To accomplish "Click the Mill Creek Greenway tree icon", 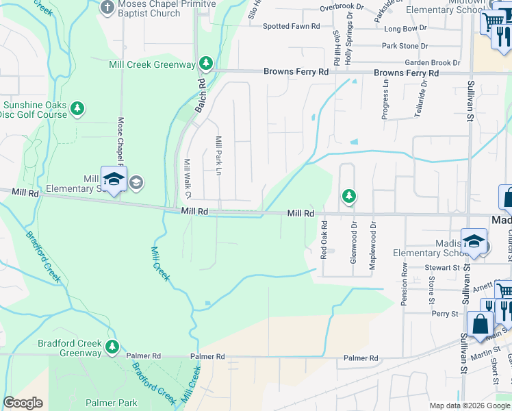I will (x=206, y=64).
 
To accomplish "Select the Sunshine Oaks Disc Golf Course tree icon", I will (x=78, y=108).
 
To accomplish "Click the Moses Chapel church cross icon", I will (x=106, y=8).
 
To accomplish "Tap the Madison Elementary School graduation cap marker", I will (x=473, y=241).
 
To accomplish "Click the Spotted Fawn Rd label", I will (x=291, y=26).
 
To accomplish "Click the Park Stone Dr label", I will (x=405, y=46).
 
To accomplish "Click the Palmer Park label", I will (x=111, y=403).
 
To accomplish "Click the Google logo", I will (x=23, y=403).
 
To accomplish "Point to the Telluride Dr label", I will (x=424, y=100).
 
